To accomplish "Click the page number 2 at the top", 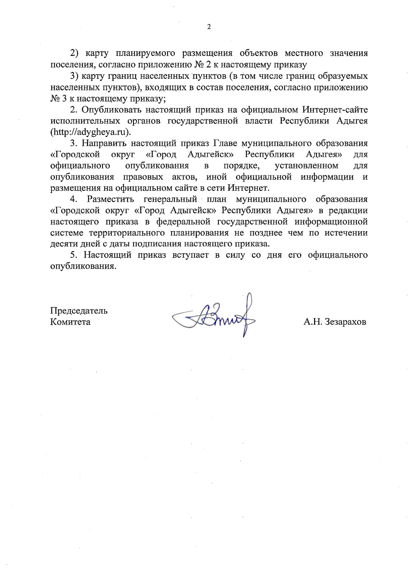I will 209,27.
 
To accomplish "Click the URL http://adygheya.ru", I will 92,132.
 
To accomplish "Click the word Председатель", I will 79,310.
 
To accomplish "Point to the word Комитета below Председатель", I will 70,322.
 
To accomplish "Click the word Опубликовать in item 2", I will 111,110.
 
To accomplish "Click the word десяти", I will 62,243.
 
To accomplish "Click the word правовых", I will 144,177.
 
